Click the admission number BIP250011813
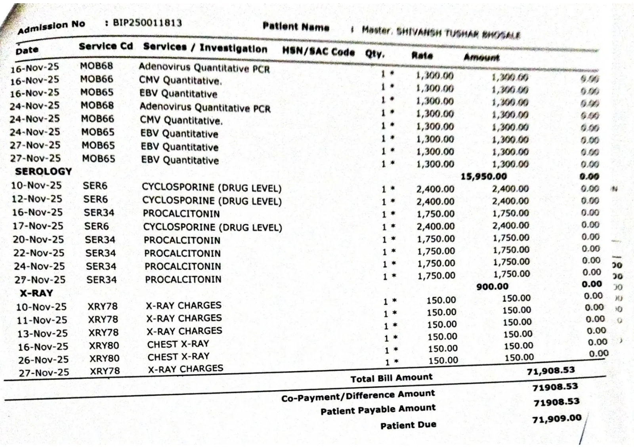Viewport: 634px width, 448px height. pyautogui.click(x=147, y=23)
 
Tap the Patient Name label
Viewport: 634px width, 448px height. pyautogui.click(x=296, y=27)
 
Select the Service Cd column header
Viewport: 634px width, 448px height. pyautogui.click(x=105, y=46)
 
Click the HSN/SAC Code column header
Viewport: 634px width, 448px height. pyautogui.click(x=318, y=51)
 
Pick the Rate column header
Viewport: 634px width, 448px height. pyautogui.click(x=422, y=55)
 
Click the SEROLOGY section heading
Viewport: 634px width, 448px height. pyautogui.click(x=44, y=172)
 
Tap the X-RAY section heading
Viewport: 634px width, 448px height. pyautogui.click(x=36, y=293)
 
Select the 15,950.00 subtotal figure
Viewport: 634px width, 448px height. pyautogui.click(x=483, y=176)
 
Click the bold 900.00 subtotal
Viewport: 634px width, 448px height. pyautogui.click(x=492, y=286)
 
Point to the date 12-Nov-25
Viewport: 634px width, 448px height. pyautogui.click(x=36, y=198)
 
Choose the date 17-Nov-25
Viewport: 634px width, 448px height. pyautogui.click(x=38, y=226)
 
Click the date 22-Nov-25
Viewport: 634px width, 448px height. pyautogui.click(x=39, y=253)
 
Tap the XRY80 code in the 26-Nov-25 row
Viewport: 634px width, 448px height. pyautogui.click(x=104, y=358)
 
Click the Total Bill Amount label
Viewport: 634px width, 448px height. pyautogui.click(x=391, y=378)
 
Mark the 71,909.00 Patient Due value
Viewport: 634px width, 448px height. pyautogui.click(x=556, y=419)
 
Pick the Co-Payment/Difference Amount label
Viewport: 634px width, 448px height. pyautogui.click(x=358, y=396)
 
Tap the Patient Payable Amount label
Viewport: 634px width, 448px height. pyautogui.click(x=378, y=410)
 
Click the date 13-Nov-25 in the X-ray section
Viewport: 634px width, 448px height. pyautogui.click(x=42, y=334)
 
